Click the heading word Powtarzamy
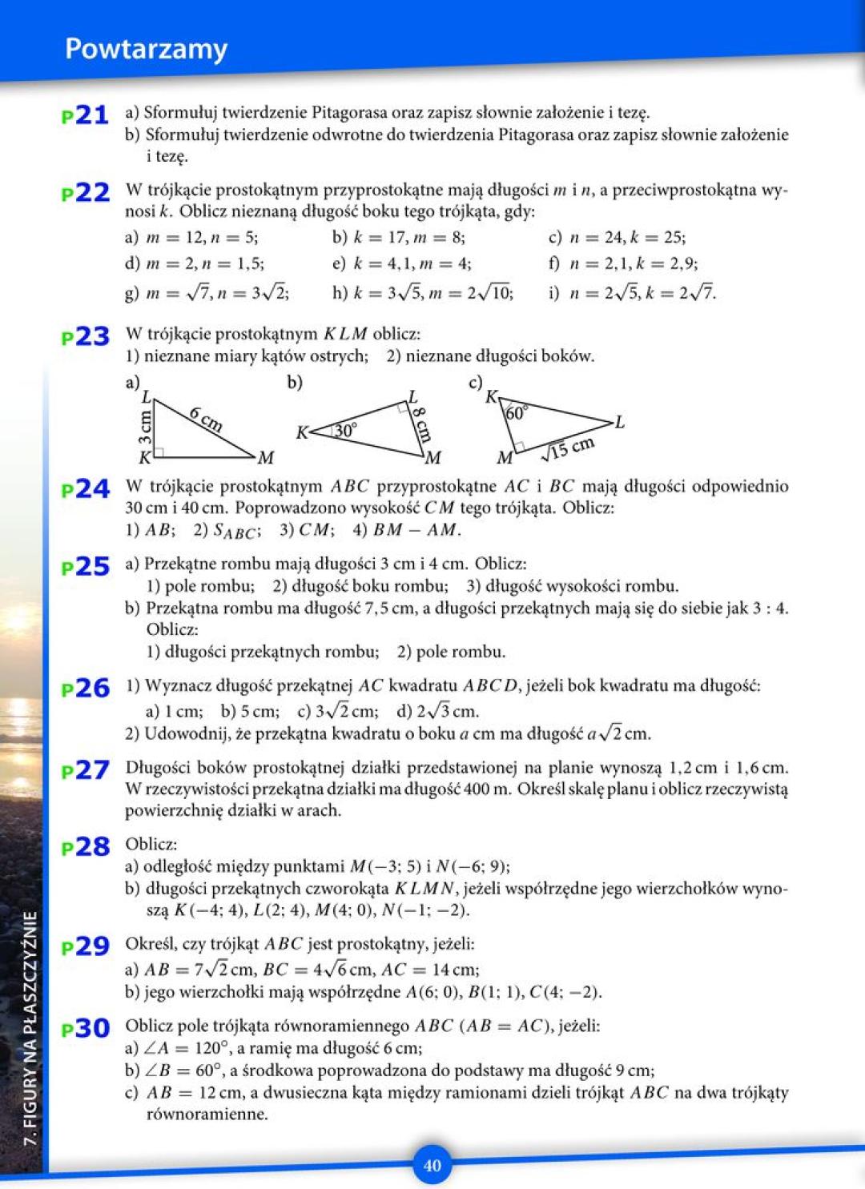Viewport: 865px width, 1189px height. tap(146, 50)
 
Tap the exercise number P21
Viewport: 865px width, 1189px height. tap(85, 115)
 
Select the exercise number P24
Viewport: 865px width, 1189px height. tap(85, 488)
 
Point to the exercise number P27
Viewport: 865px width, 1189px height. tap(85, 770)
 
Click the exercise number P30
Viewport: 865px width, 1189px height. tap(85, 1028)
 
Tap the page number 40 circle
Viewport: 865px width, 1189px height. tap(432, 1165)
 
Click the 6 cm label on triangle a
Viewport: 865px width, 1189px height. tap(206, 419)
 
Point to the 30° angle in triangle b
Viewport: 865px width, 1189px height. tap(345, 431)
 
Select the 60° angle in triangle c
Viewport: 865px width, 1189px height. tap(517, 413)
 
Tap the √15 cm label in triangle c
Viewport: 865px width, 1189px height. tap(568, 449)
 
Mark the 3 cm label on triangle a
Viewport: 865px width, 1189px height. tap(145, 428)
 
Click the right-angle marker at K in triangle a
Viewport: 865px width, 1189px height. tap(159, 452)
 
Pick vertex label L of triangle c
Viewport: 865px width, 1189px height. tap(619, 422)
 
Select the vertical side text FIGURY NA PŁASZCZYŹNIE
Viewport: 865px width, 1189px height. tap(30, 1028)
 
